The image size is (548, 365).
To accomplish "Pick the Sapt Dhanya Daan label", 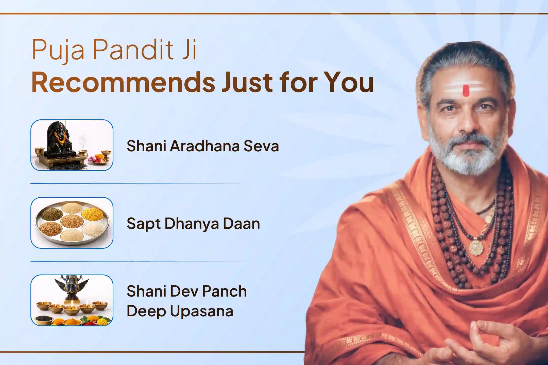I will coord(193,224).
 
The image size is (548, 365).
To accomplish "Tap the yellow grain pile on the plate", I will coord(93,215).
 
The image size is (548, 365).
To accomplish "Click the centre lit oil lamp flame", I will coord(72,303).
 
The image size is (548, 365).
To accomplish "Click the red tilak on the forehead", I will coord(466,90).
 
